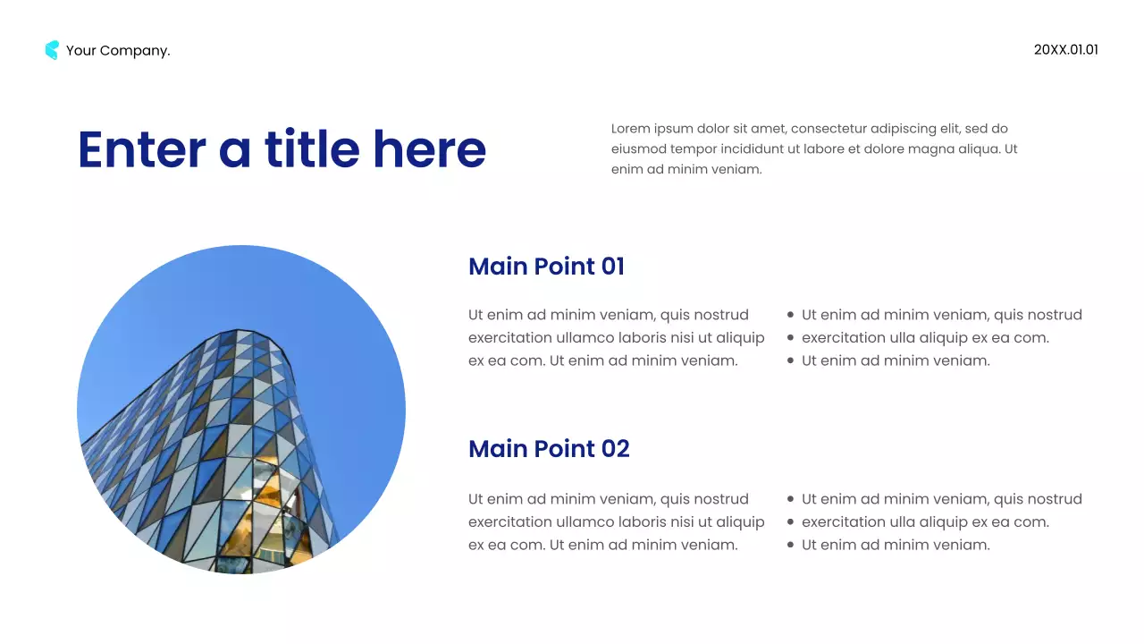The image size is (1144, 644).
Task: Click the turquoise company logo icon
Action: click(x=52, y=50)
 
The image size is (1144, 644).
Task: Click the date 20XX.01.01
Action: click(x=1065, y=50)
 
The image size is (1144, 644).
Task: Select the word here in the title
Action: click(x=429, y=149)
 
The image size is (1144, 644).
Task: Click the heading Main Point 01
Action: click(x=546, y=267)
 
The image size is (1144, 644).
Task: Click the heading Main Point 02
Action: click(x=549, y=449)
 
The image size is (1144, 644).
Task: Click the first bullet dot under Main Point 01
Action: click(x=790, y=315)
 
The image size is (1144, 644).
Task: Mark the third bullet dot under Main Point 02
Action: click(x=790, y=545)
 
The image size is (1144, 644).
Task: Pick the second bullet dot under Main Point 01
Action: click(x=790, y=338)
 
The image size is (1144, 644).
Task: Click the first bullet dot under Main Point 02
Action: click(x=790, y=499)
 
